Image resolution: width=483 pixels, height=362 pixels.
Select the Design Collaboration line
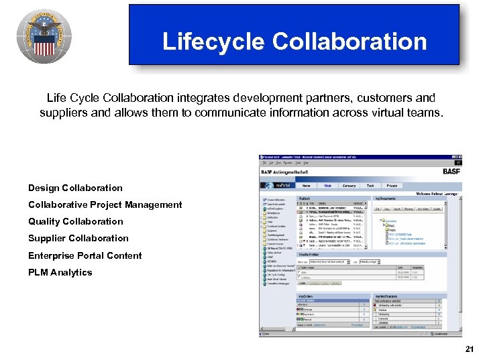[x=75, y=188]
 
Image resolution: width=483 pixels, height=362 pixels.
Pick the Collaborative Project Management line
[x=105, y=204]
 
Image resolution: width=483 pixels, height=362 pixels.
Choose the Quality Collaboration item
[x=75, y=221]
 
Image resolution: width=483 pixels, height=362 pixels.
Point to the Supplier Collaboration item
[x=78, y=238]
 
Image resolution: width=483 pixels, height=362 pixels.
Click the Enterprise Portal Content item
[x=85, y=255]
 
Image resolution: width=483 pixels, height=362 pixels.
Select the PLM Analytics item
[x=60, y=272]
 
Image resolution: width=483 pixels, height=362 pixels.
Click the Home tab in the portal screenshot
[x=306, y=186]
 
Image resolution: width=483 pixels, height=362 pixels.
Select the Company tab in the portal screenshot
[x=348, y=186]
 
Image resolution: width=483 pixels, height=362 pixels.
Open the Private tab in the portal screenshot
[x=391, y=186]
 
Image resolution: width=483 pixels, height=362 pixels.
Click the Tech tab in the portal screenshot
[x=370, y=186]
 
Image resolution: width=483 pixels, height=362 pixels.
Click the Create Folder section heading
[x=308, y=255]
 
